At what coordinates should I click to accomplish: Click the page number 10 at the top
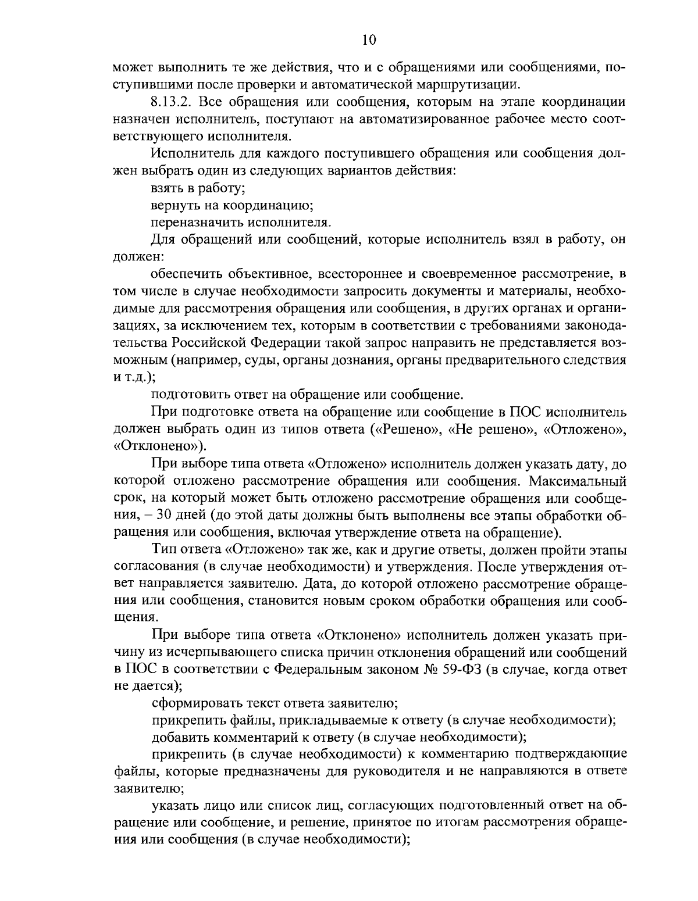[368, 40]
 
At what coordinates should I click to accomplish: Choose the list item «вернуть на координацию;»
[233, 205]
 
